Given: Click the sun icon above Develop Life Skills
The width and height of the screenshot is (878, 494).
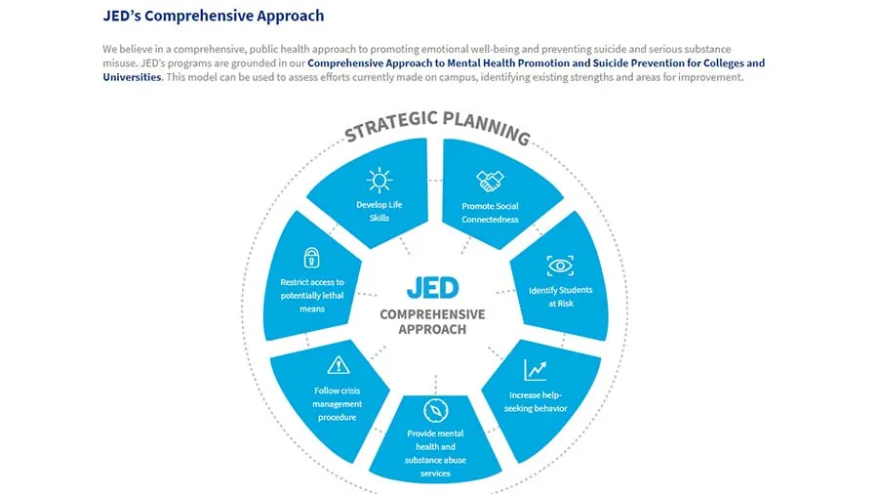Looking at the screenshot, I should coord(379,180).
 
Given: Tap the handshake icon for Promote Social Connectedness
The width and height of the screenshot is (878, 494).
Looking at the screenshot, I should coord(490,181).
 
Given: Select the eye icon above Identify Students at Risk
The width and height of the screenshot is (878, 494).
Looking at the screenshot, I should coord(560,266).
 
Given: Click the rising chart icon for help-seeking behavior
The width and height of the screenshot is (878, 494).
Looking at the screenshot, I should coord(536,370).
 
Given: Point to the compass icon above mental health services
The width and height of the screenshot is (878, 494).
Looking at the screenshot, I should coord(435,410).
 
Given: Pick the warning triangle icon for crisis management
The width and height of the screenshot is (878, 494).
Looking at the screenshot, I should coord(338,365).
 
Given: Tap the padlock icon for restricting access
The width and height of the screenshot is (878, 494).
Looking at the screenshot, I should coord(311,258).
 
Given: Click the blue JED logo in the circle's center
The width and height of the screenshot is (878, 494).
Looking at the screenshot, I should coord(432,287).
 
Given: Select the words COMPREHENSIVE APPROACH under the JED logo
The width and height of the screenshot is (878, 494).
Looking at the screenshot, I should coord(432,321).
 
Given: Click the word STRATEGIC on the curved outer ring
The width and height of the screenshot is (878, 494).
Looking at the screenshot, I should coord(389,126).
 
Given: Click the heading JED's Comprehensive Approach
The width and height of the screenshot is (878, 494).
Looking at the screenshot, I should coord(213,16).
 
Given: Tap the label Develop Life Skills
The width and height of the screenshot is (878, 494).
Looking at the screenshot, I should coord(379,211).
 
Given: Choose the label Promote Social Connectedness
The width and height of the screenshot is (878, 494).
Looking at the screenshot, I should coord(490,212).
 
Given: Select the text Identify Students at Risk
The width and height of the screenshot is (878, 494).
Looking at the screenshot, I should coord(560,296).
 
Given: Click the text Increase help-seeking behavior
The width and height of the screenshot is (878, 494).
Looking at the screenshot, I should coord(538,401).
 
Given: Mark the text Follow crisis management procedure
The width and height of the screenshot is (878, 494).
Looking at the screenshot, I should coord(338,404).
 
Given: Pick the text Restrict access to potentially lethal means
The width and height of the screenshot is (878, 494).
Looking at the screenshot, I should coord(312,295).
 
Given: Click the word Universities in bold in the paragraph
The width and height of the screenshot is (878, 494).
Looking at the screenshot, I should coord(132,77).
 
